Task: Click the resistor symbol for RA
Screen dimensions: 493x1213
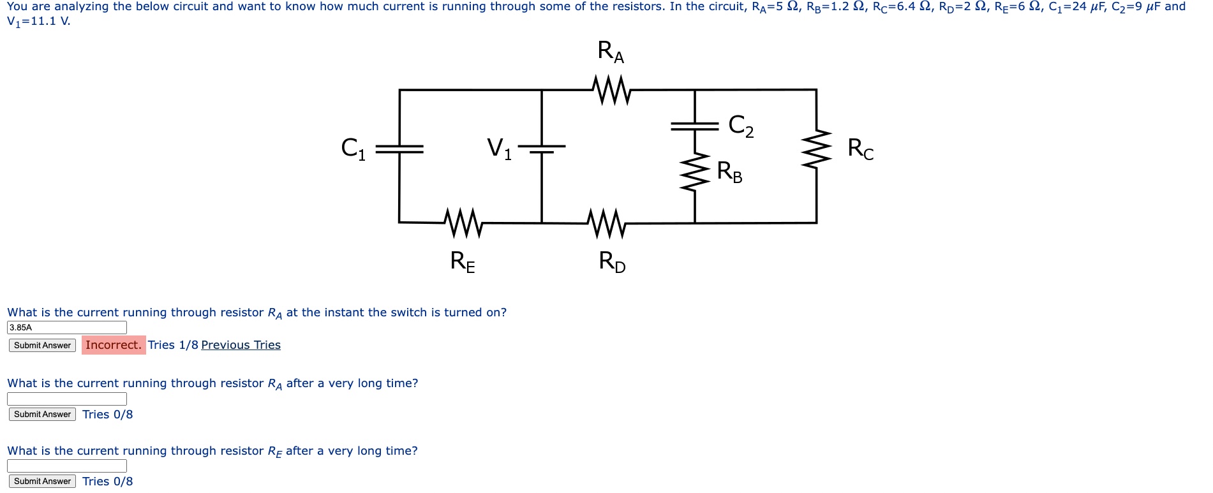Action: coord(611,90)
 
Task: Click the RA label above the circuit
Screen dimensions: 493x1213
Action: coord(611,52)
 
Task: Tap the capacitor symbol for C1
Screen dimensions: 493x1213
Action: coord(399,149)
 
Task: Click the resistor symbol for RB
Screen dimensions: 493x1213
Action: coord(694,172)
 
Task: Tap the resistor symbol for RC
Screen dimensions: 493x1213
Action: coord(816,149)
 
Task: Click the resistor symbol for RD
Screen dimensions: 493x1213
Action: coord(606,223)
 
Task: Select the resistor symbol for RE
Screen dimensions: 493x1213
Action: coord(463,223)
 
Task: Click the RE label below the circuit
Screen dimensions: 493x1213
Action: coord(463,261)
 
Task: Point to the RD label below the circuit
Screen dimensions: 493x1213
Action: coord(612,261)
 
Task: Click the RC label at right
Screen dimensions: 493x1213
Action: coord(860,149)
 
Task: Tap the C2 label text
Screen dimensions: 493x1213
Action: coord(741,126)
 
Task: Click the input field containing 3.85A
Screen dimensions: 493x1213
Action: coord(67,327)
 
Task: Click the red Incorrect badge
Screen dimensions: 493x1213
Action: coord(114,345)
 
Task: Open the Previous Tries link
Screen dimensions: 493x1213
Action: coord(241,345)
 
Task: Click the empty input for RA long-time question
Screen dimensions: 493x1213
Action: coord(67,399)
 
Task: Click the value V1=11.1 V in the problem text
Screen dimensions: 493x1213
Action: coord(38,21)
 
